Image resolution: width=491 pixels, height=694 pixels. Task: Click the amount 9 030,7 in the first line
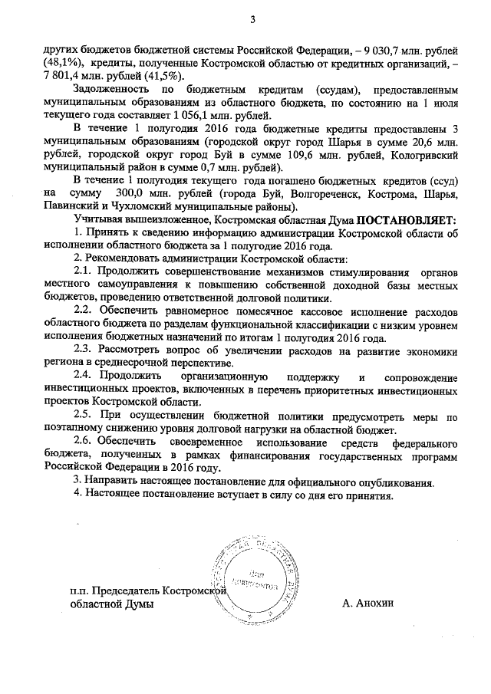pyautogui.click(x=374, y=45)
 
